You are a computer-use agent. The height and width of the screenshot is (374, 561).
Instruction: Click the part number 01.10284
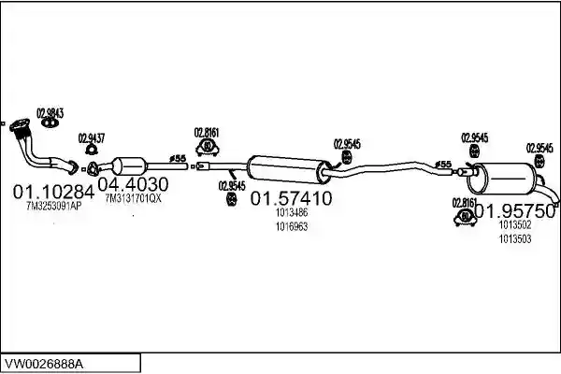point(53,193)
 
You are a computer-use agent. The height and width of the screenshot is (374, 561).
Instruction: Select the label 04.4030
point(133,185)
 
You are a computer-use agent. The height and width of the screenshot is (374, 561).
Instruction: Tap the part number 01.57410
point(291,198)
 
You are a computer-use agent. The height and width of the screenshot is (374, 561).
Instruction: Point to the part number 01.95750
point(514,211)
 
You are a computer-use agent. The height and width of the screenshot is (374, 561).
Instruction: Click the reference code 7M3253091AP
point(54,206)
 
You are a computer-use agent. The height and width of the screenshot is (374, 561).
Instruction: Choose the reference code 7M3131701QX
point(134,198)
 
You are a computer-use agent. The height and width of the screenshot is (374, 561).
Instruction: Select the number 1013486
point(292,212)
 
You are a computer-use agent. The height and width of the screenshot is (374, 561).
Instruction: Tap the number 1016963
point(292,226)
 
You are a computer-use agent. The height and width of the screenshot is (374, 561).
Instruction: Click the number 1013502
point(515,224)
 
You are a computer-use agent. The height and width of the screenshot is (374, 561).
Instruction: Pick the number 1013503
point(515,238)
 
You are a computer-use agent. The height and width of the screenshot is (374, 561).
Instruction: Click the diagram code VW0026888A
point(44,365)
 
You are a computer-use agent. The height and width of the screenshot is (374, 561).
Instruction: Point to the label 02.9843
point(50,113)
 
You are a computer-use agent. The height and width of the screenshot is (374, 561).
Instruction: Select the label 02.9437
point(92,138)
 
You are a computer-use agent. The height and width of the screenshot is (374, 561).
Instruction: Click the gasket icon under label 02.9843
point(50,122)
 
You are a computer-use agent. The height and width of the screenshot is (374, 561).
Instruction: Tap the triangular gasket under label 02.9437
point(92,150)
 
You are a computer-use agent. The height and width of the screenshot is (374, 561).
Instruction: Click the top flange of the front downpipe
point(20,125)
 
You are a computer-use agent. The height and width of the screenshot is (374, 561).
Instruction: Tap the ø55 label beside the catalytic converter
point(178,158)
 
